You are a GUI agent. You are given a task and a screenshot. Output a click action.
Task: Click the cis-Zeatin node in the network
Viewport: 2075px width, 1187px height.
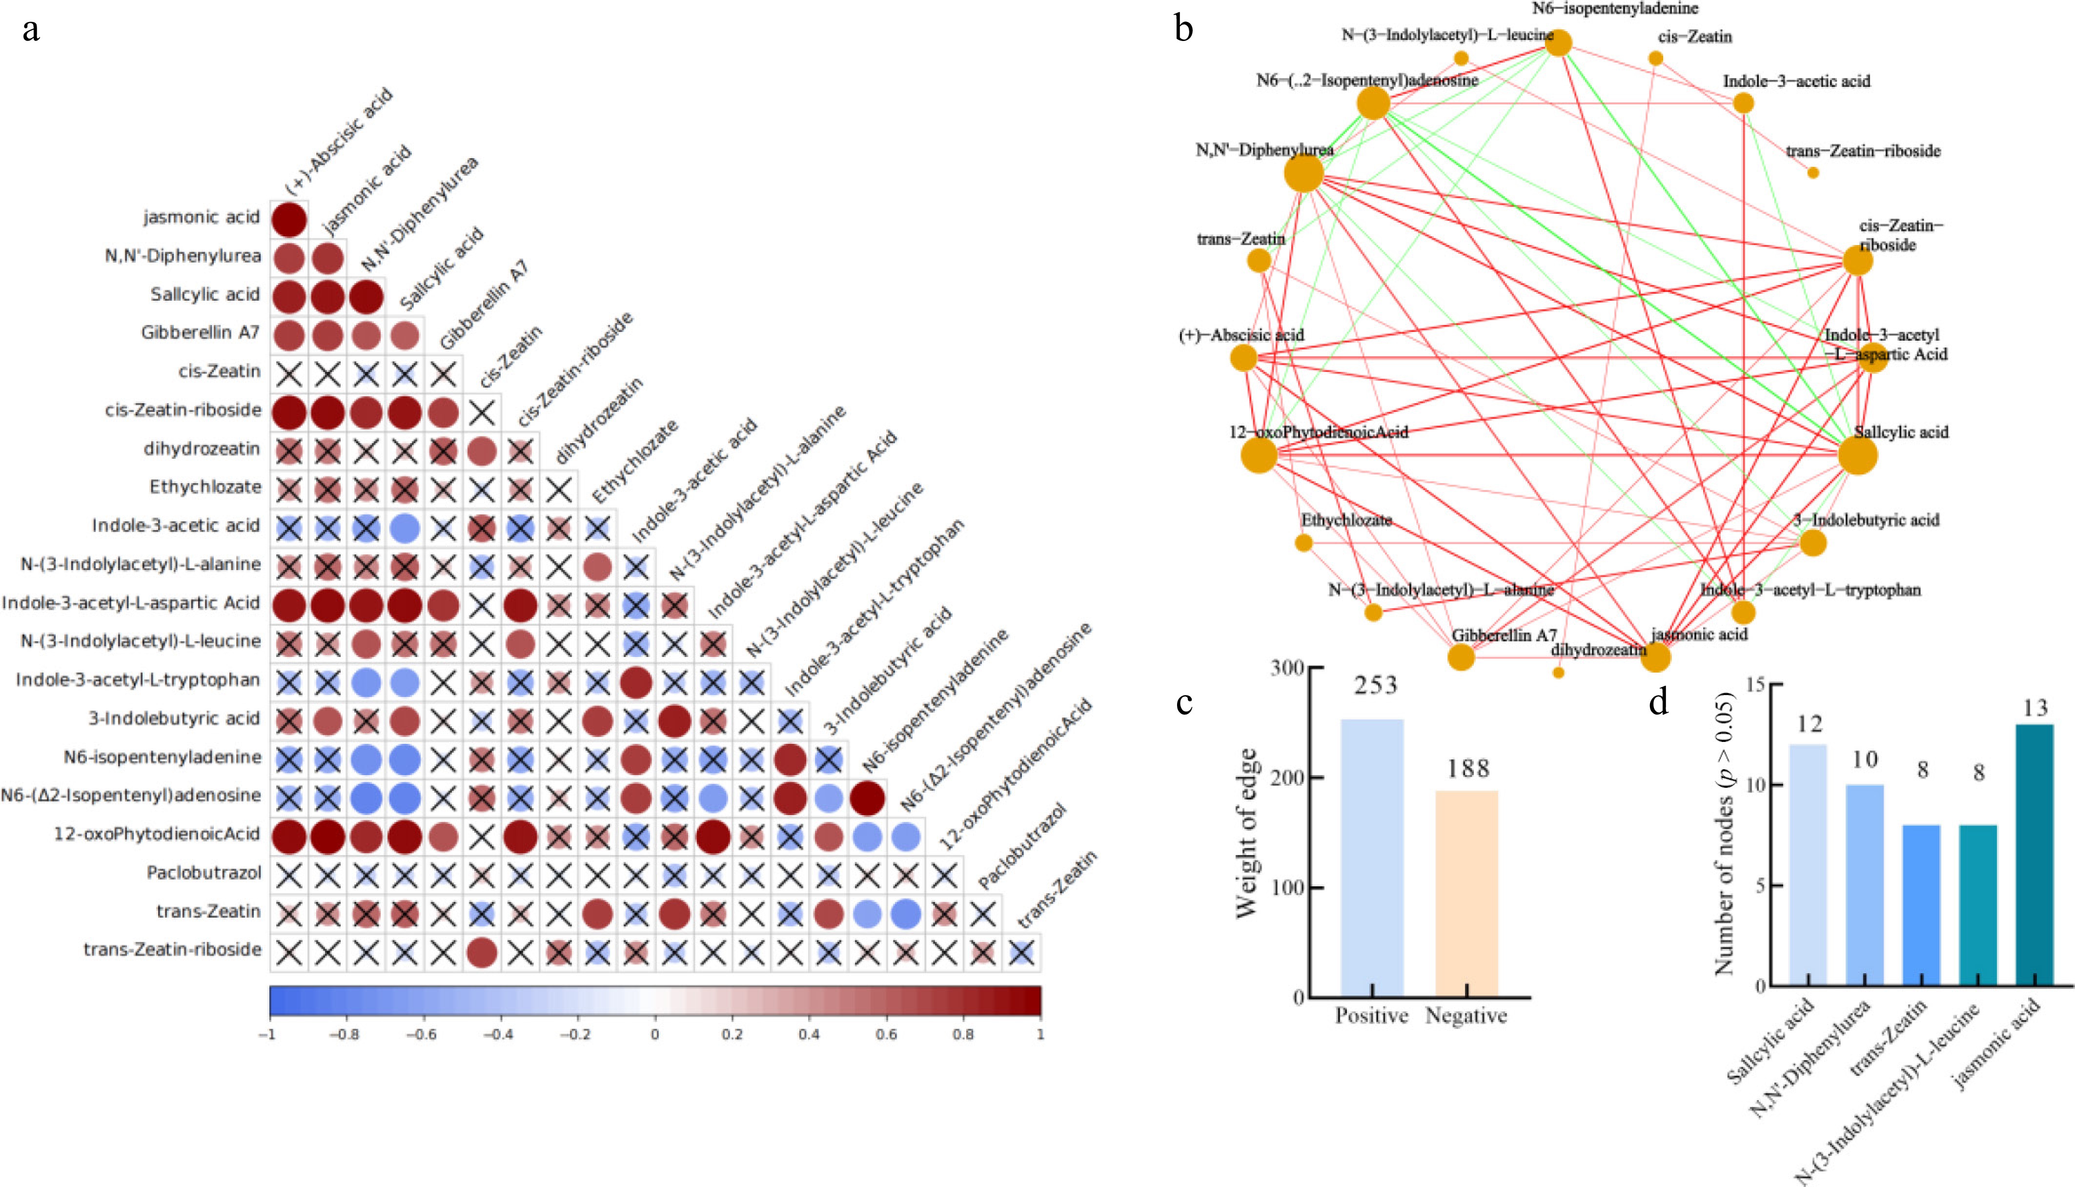click(x=1655, y=58)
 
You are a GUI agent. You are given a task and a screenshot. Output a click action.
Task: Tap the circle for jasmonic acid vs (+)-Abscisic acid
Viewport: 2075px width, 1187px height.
click(x=288, y=219)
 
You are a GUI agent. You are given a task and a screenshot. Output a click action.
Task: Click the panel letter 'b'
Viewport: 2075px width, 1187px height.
click(x=1183, y=29)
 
